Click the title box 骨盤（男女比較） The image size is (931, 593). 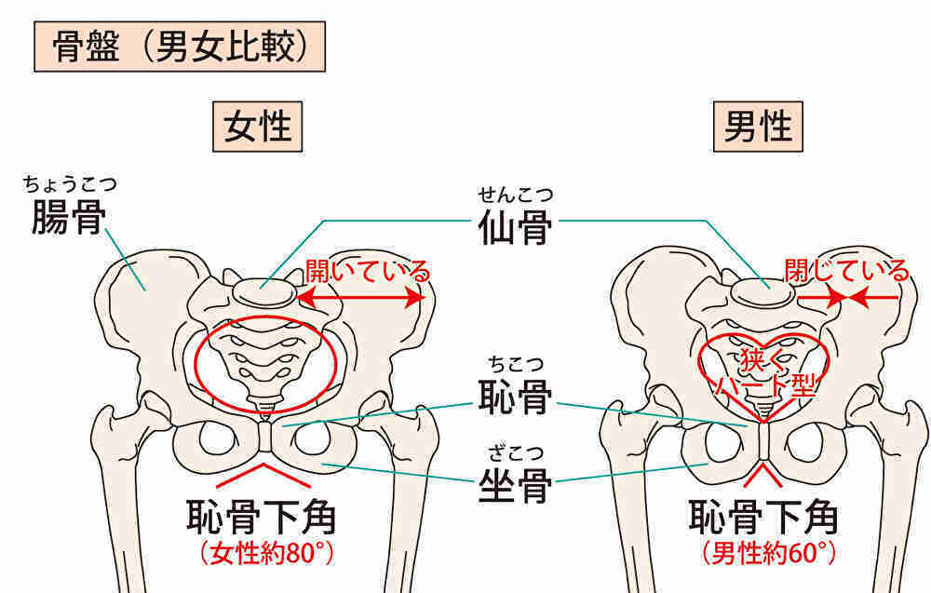point(180,47)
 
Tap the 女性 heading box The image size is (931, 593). point(258,127)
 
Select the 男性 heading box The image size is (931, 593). point(758,127)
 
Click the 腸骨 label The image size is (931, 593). point(69,217)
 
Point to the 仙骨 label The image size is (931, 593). point(515,227)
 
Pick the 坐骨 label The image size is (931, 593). point(515,486)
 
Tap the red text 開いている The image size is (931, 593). point(368,271)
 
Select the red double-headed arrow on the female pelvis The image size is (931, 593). point(362,297)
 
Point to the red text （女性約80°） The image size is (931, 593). point(266,553)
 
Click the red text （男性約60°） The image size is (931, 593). point(769,553)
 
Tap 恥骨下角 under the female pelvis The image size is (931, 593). point(262,518)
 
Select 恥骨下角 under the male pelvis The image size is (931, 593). point(763,518)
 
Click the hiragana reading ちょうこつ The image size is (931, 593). point(70,184)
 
